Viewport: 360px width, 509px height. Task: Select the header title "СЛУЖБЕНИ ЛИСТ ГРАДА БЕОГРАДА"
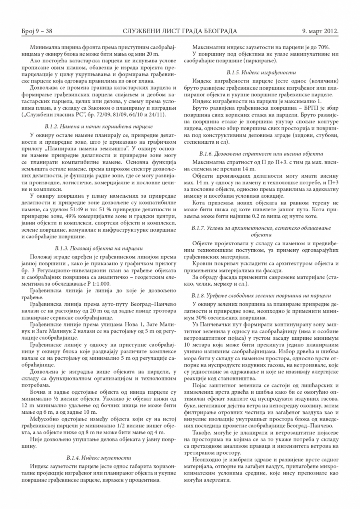(180, 31)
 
